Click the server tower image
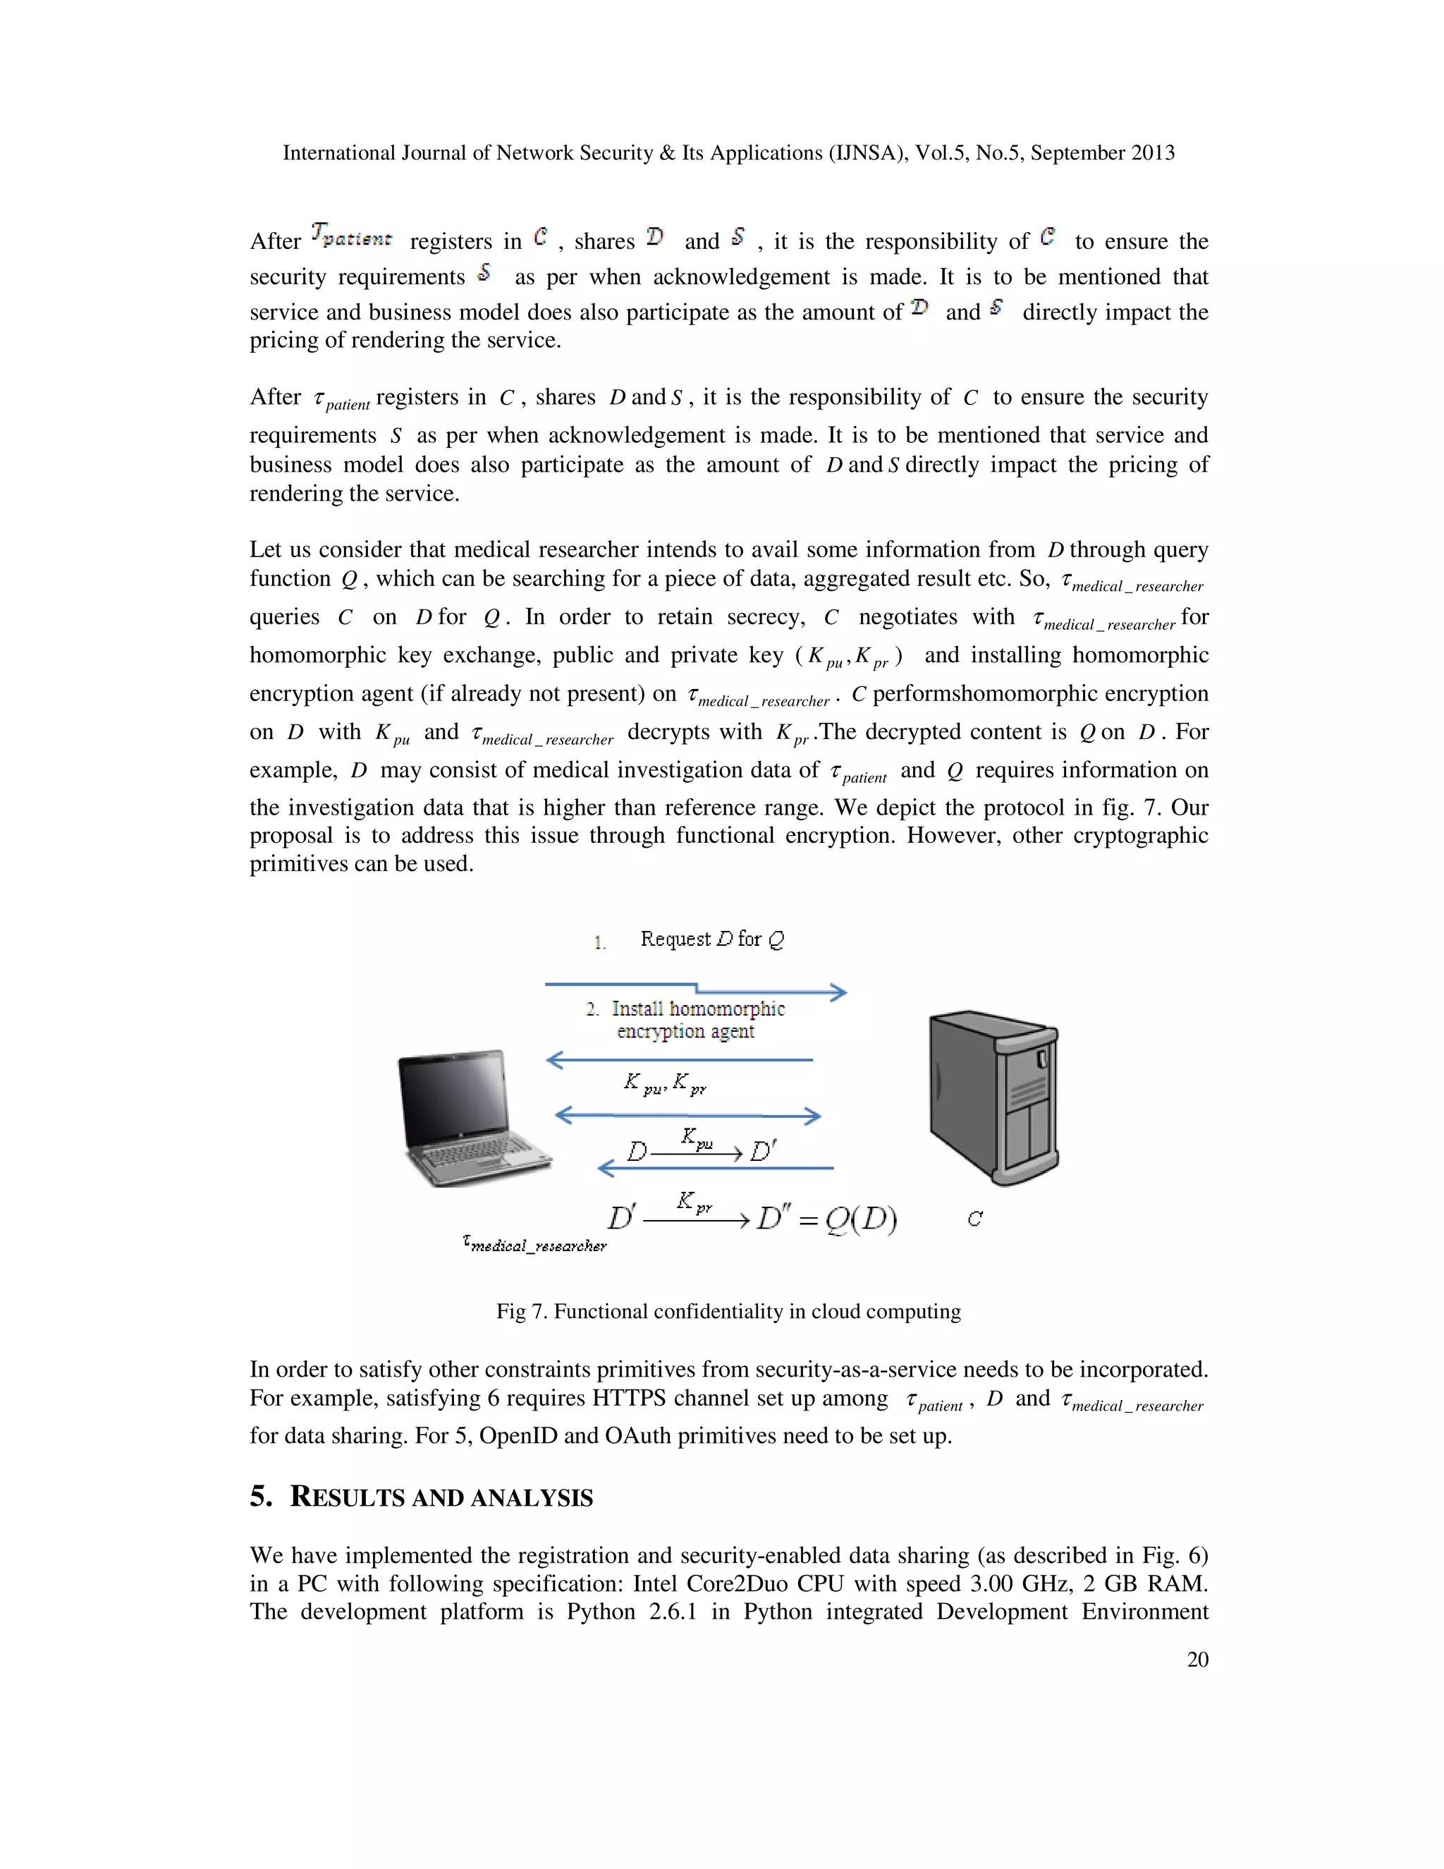[x=994, y=1097]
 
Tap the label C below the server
[x=974, y=1219]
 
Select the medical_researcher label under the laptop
[x=534, y=1244]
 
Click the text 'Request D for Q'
[x=711, y=939]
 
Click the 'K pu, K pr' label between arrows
[x=665, y=1083]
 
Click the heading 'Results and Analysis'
[x=441, y=1497]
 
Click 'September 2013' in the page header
[x=1102, y=153]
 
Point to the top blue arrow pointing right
[x=695, y=990]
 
